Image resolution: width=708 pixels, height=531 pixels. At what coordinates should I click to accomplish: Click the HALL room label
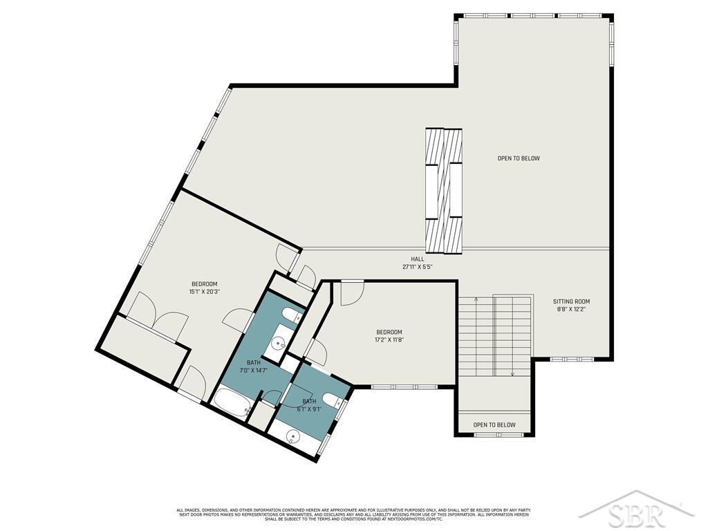point(418,259)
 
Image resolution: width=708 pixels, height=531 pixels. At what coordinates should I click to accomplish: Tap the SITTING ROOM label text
point(571,301)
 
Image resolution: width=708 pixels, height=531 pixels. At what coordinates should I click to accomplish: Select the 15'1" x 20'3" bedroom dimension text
point(204,292)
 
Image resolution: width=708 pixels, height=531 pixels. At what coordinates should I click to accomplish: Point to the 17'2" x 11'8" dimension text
point(389,339)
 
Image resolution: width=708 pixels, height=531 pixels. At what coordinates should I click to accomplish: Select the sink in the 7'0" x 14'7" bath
point(279,342)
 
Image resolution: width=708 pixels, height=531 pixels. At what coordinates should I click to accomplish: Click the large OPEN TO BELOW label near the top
point(519,158)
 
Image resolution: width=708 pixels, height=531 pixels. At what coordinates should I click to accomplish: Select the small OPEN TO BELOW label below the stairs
point(494,425)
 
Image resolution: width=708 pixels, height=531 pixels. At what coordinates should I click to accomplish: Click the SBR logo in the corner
point(636,513)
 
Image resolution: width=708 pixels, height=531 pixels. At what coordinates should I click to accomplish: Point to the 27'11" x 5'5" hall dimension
point(418,267)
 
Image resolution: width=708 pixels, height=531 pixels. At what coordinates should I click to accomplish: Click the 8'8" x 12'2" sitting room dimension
point(571,310)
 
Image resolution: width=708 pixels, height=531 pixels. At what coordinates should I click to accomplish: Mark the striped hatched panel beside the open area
point(443,191)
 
